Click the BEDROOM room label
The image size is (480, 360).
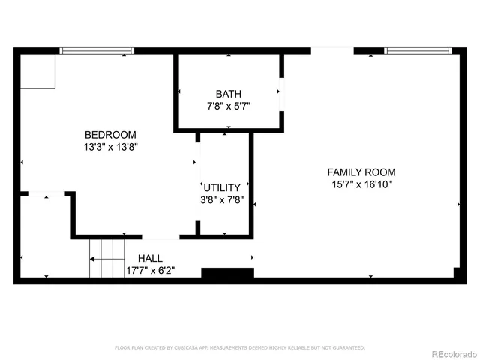[110, 134]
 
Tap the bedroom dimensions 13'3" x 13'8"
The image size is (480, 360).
[110, 147]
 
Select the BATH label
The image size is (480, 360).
[229, 94]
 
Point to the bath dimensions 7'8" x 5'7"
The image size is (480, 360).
[229, 106]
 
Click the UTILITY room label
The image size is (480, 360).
[221, 187]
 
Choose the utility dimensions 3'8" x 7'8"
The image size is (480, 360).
[221, 200]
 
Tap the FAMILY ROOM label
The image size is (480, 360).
[361, 172]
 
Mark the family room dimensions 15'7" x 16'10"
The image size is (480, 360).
[361, 184]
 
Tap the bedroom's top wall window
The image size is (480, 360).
[97, 51]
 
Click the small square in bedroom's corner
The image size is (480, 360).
[37, 71]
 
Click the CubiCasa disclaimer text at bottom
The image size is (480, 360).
[239, 348]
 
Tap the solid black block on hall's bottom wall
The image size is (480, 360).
[222, 274]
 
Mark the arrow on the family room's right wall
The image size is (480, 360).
[458, 203]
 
